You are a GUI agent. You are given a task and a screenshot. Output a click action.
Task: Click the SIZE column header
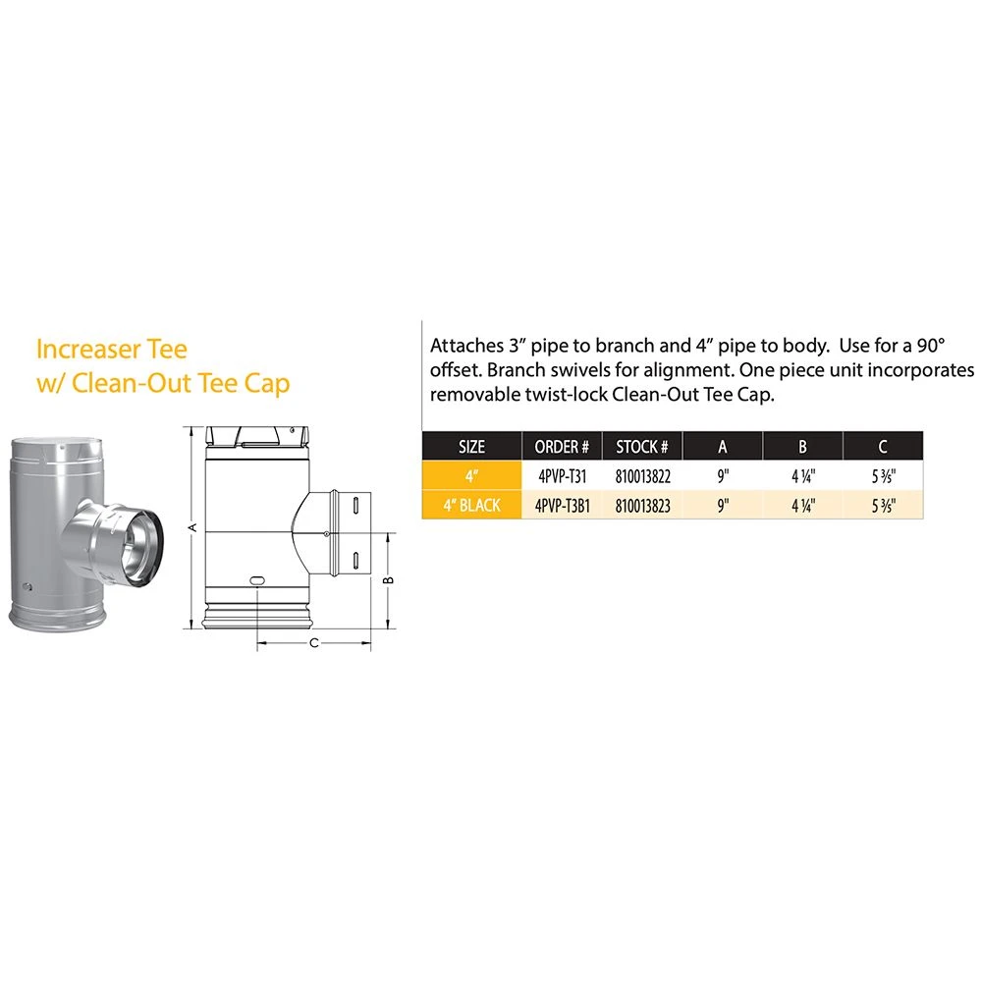click(x=471, y=447)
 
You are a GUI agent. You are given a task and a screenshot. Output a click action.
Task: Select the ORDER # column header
click(x=562, y=447)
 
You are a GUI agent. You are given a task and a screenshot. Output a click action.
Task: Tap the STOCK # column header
click(x=642, y=447)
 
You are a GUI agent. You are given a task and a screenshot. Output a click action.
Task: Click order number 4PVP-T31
click(x=563, y=476)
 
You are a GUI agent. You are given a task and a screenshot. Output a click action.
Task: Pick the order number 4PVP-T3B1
click(x=563, y=506)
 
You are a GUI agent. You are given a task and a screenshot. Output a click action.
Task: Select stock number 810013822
click(x=642, y=476)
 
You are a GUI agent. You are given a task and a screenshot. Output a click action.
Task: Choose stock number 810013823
click(x=642, y=506)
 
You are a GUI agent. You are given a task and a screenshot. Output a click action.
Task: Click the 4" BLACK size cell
click(x=471, y=506)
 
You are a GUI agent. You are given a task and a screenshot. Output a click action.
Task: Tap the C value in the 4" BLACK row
click(x=883, y=506)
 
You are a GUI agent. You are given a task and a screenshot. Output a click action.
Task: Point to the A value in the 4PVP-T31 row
click(x=723, y=476)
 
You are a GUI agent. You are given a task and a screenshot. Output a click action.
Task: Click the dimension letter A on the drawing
click(x=192, y=527)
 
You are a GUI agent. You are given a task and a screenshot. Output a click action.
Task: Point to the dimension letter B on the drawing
click(x=388, y=580)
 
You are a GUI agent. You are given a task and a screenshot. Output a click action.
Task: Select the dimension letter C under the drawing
click(x=314, y=643)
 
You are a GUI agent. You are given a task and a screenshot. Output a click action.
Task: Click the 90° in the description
click(x=931, y=346)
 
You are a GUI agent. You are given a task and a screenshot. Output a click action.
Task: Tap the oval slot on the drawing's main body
click(x=256, y=580)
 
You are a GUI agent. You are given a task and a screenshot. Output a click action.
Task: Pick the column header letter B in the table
click(x=803, y=447)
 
